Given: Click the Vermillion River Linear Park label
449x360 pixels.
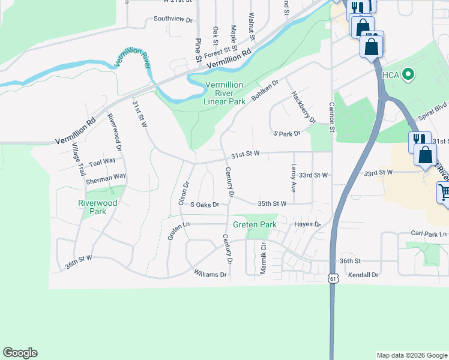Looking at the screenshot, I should (224, 93).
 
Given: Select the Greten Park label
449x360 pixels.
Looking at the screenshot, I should (255, 225).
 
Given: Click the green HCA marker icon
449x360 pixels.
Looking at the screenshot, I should (409, 74).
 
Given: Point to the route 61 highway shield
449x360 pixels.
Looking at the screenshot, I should (333, 278).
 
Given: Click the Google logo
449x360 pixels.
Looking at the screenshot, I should (20, 353).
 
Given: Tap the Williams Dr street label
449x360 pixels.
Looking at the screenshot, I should (210, 274).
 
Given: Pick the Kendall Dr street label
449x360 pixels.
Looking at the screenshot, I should (364, 275).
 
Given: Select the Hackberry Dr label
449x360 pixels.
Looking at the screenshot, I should (303, 107).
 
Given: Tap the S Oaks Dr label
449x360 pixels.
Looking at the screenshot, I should (205, 205).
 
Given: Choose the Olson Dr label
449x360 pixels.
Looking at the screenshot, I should (184, 193).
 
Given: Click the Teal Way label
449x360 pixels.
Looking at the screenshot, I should (102, 162).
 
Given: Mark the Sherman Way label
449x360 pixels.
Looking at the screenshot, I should (106, 176).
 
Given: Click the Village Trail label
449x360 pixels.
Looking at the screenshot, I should (79, 159).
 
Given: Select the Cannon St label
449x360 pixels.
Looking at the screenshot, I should (331, 116).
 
